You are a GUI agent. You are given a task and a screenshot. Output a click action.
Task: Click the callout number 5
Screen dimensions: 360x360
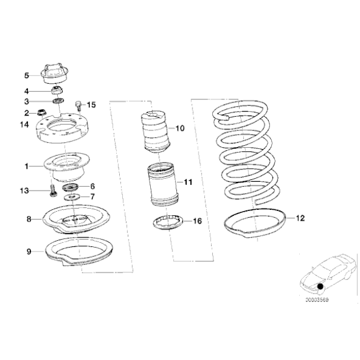pyautogui.click(x=27, y=76)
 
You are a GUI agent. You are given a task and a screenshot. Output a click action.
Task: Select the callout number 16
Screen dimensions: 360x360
pyautogui.click(x=197, y=220)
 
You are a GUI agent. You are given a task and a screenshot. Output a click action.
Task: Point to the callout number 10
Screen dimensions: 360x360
pyautogui.click(x=180, y=129)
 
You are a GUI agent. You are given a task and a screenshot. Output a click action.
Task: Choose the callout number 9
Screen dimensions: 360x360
pyautogui.click(x=29, y=251)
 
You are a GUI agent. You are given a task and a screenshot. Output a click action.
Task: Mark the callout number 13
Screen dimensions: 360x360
pyautogui.click(x=25, y=191)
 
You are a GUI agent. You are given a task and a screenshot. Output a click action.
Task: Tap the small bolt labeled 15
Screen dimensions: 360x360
pyautogui.click(x=78, y=106)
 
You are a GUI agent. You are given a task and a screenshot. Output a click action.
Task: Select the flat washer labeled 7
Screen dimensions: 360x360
pyautogui.click(x=71, y=197)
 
